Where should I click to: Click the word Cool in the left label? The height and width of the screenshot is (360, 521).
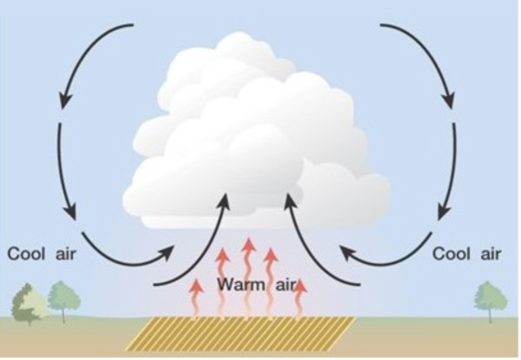tap(27, 254)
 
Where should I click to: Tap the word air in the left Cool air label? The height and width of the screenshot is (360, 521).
tap(66, 254)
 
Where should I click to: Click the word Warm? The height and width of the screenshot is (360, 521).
tap(238, 285)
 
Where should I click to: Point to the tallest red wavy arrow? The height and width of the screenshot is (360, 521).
tap(249, 274)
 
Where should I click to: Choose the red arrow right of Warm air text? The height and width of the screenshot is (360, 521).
tap(300, 298)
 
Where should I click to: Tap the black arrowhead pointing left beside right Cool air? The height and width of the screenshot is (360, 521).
tap(346, 252)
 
